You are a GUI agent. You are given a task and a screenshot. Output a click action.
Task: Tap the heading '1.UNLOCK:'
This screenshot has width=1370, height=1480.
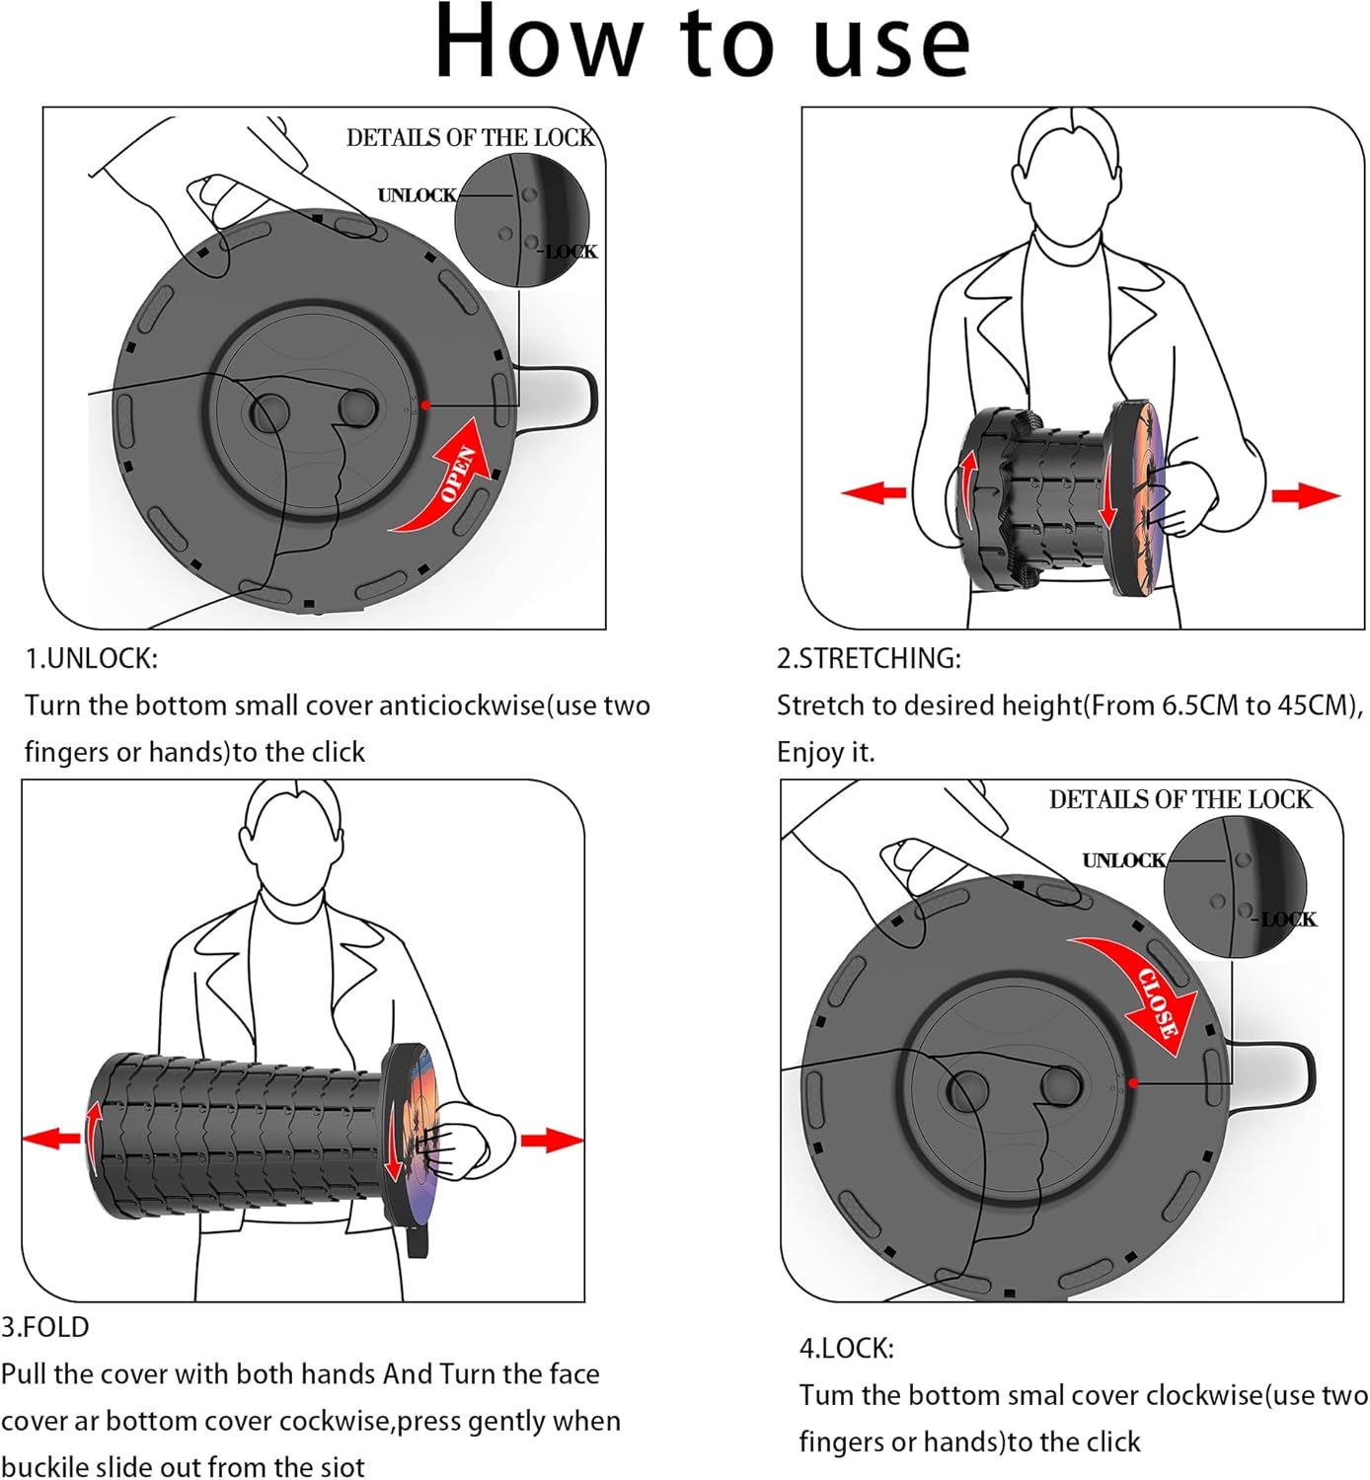91,658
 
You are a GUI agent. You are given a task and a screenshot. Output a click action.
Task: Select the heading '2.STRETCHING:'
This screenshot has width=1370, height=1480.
869,658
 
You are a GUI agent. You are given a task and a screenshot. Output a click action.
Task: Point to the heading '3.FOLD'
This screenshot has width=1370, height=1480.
45,1327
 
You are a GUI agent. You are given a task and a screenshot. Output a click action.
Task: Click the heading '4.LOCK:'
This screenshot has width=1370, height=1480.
846,1348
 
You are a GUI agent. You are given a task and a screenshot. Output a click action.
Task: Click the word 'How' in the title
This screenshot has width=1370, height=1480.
538,43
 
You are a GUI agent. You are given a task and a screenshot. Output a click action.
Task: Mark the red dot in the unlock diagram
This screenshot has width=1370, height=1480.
425,405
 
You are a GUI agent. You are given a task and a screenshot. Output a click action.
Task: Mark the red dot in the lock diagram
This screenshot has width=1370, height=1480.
1133,1082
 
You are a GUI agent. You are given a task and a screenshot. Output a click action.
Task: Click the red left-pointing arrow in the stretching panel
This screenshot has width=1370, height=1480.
874,492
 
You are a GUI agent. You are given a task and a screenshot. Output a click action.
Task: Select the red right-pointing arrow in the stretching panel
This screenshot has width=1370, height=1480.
1305,495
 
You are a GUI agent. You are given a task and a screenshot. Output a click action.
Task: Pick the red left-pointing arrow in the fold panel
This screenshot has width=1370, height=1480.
51,1139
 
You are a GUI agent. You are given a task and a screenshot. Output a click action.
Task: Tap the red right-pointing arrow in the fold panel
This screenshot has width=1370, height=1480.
551,1141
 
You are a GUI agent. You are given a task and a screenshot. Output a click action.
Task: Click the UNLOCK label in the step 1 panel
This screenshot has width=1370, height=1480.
417,195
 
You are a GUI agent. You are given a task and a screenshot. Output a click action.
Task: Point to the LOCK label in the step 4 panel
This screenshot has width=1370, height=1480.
1288,920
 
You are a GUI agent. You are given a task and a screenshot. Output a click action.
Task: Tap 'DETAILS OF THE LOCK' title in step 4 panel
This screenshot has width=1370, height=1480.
1180,799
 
